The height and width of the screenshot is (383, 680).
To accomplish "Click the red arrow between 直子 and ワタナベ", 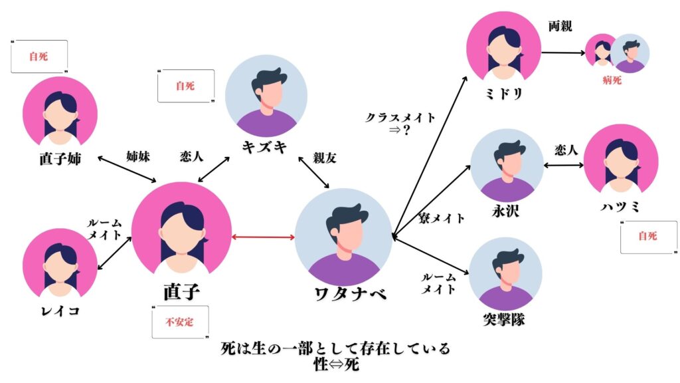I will tap(264, 237).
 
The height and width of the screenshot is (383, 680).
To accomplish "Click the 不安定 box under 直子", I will tap(181, 322).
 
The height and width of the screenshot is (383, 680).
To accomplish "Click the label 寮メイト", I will tap(442, 218).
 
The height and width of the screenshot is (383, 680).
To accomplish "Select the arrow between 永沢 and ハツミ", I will tap(563, 165).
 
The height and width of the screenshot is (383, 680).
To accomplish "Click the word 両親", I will tap(560, 27).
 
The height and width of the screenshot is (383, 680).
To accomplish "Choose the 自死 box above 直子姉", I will tap(39, 57).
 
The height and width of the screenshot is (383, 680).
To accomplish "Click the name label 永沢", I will tap(507, 212).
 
